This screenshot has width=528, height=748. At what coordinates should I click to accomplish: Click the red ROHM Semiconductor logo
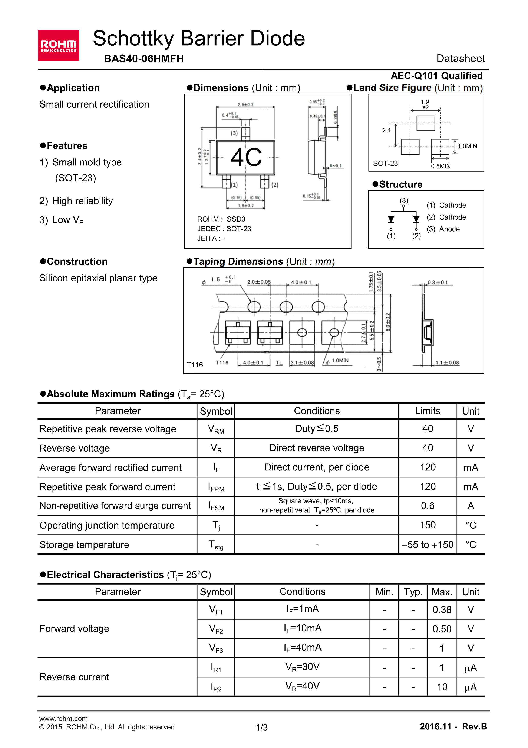point(58,46)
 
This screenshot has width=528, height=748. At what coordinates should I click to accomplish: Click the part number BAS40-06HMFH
point(144,59)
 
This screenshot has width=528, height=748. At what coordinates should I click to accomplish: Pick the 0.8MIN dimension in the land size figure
point(440,166)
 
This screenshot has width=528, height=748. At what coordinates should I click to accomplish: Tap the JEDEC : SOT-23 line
point(224,229)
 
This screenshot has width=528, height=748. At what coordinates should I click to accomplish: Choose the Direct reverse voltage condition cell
point(317,448)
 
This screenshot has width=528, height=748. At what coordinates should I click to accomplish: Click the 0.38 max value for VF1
point(442,610)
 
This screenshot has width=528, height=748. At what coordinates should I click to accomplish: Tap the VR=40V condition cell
point(302,686)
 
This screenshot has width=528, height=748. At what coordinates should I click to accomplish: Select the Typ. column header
point(413,592)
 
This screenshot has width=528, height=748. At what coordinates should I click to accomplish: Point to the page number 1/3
point(262,728)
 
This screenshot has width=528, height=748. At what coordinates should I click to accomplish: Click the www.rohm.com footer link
point(63,718)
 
